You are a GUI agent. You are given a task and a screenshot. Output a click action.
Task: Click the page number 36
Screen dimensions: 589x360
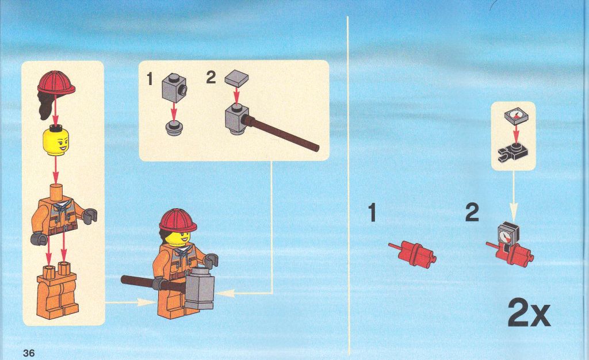point(29,353)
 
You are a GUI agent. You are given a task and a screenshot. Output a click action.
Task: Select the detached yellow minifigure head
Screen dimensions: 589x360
point(56,140)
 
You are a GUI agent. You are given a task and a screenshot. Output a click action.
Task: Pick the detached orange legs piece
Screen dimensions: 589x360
point(57,290)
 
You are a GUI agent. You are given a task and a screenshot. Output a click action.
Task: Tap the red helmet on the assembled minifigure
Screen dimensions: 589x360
point(178,220)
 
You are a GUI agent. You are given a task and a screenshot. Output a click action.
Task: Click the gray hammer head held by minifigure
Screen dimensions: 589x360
point(200,288)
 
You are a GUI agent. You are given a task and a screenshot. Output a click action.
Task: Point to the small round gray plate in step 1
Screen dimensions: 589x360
point(174,127)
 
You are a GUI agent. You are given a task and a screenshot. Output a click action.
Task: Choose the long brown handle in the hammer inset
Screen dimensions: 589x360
point(280,133)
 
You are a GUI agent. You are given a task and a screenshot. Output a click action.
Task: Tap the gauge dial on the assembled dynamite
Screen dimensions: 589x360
point(505,236)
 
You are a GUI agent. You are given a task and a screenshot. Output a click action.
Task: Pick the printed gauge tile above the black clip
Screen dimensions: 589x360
point(517,116)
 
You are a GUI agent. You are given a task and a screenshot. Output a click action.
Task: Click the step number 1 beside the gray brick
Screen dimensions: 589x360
point(150,79)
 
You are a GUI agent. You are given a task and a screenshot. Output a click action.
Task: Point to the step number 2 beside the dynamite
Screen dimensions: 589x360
point(472,212)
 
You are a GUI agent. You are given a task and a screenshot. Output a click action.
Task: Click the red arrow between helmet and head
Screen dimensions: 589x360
point(56,109)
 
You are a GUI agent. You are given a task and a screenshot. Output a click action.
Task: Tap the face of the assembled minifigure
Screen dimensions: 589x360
point(178,238)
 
